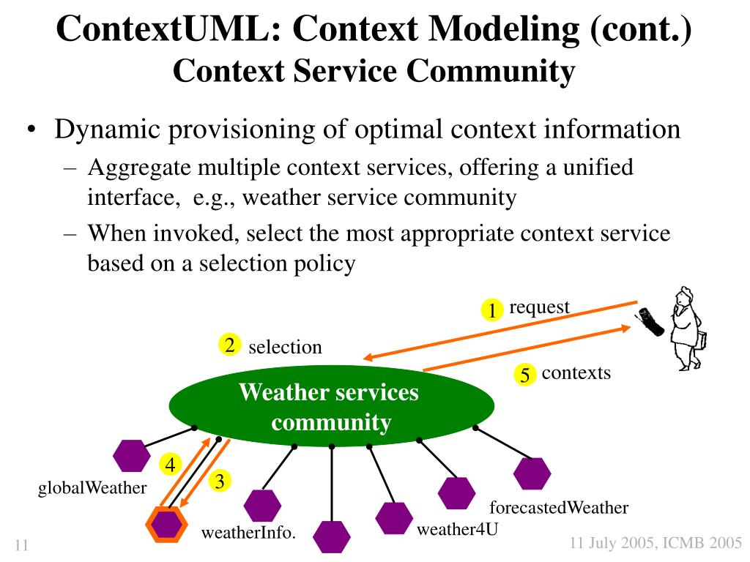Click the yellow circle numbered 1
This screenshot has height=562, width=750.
(x=491, y=310)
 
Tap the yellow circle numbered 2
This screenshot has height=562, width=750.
(x=229, y=345)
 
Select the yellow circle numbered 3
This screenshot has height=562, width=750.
(x=220, y=480)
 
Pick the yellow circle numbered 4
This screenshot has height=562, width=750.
(x=170, y=464)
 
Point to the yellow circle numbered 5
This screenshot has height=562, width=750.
(x=524, y=374)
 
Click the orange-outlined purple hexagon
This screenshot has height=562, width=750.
(x=166, y=524)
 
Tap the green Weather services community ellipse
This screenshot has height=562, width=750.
(x=332, y=406)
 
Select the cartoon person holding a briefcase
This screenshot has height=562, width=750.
(x=687, y=329)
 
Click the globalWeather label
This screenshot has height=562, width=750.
(x=92, y=488)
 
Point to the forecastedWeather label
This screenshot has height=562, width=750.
(x=559, y=507)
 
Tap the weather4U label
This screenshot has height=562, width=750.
(x=457, y=529)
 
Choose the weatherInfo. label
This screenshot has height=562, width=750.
(x=249, y=533)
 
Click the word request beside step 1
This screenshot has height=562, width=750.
(x=539, y=307)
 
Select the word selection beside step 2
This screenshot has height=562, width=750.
(x=285, y=347)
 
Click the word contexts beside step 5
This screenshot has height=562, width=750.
(x=576, y=372)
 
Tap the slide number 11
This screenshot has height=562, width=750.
(x=21, y=545)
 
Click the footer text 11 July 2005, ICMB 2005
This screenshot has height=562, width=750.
(x=656, y=543)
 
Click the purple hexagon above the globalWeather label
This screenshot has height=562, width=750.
(x=132, y=455)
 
